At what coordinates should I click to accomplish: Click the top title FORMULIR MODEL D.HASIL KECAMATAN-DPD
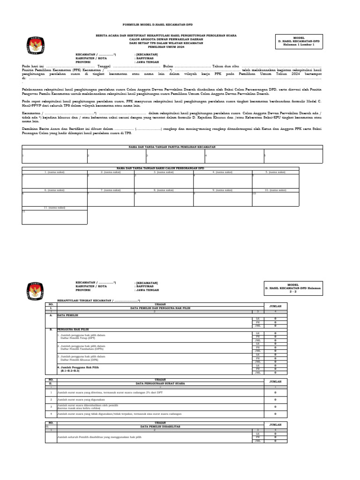(x=157, y=24)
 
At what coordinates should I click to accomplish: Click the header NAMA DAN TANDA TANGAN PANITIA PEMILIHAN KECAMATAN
(x=172, y=147)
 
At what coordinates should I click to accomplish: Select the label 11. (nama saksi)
(x=54, y=207)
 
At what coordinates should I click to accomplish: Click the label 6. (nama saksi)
(x=54, y=190)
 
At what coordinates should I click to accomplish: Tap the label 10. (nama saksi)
(x=276, y=190)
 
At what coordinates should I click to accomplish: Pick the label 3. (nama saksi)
(x=164, y=172)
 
